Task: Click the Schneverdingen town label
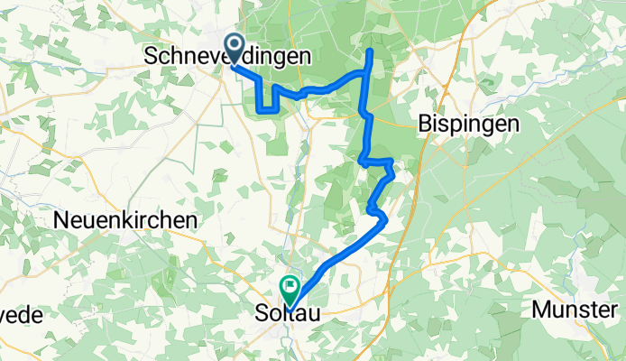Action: coord(228,56)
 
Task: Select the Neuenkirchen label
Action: coord(125,219)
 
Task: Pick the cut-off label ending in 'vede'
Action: coord(22,315)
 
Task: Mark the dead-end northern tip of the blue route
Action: coord(370,51)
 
